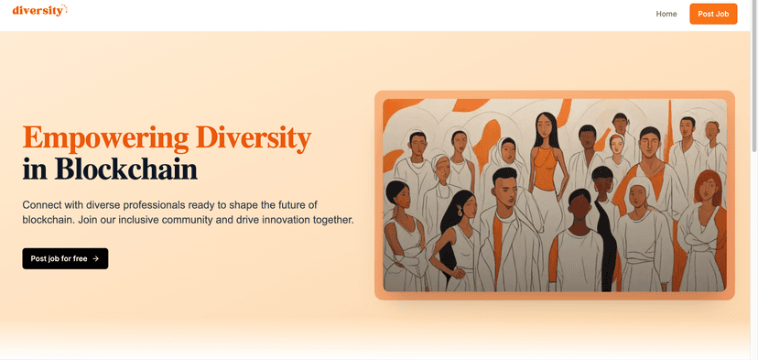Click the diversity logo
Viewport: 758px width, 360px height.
click(x=39, y=11)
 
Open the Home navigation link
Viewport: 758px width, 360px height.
click(x=666, y=14)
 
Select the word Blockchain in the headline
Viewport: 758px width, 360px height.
click(x=126, y=169)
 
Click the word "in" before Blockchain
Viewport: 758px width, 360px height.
click(x=35, y=169)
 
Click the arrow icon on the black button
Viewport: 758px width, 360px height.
click(x=96, y=258)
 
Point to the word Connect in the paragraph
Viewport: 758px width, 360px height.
click(x=45, y=204)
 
